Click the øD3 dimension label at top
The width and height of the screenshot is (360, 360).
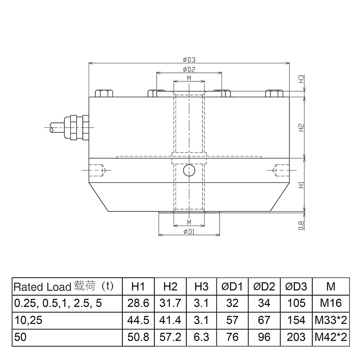(189, 59)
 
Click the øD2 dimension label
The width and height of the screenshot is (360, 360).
(189, 69)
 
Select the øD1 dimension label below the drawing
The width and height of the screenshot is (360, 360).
(189, 231)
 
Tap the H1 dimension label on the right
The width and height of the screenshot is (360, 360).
(302, 184)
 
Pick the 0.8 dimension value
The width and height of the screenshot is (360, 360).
(302, 224)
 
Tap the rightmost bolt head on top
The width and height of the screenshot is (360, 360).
(274, 93)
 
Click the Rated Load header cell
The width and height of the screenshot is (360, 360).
(63, 287)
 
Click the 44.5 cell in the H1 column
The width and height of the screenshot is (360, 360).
(138, 320)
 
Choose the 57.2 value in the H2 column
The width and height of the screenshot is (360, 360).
(170, 337)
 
